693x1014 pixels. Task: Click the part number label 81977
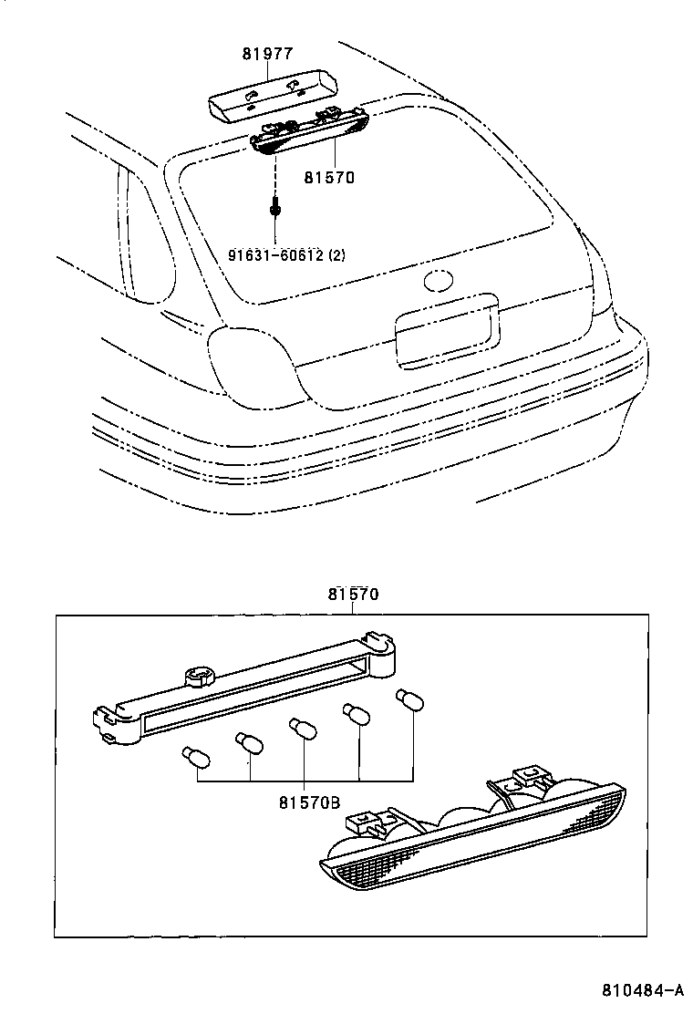pos(267,54)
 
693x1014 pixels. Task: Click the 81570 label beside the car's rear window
pos(328,178)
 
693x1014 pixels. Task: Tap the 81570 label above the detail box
pos(353,594)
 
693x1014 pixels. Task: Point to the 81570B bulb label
pos(309,802)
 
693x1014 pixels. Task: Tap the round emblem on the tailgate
pos(440,280)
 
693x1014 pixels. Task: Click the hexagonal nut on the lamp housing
pos(200,677)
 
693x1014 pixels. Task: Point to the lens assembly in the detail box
pos(474,834)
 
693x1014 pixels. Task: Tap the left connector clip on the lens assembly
pos(368,823)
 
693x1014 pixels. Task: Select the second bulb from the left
pos(247,742)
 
